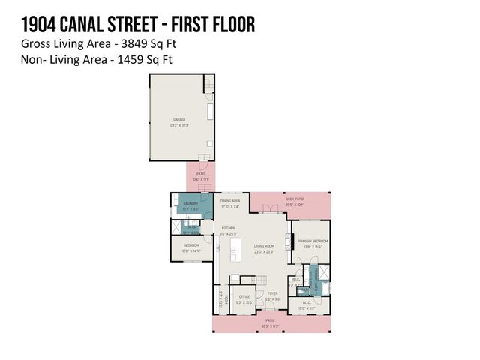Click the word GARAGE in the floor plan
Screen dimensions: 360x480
tap(180, 119)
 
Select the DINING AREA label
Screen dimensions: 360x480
tap(230, 201)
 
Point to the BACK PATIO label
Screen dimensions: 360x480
tap(294, 199)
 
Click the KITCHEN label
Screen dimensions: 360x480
tap(228, 228)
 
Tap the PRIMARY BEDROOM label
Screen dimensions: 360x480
tap(313, 241)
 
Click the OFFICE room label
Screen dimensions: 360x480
tap(244, 297)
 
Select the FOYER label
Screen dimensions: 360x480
tap(272, 294)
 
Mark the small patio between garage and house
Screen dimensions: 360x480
tap(200, 175)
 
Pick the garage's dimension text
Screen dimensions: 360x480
tap(180, 124)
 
